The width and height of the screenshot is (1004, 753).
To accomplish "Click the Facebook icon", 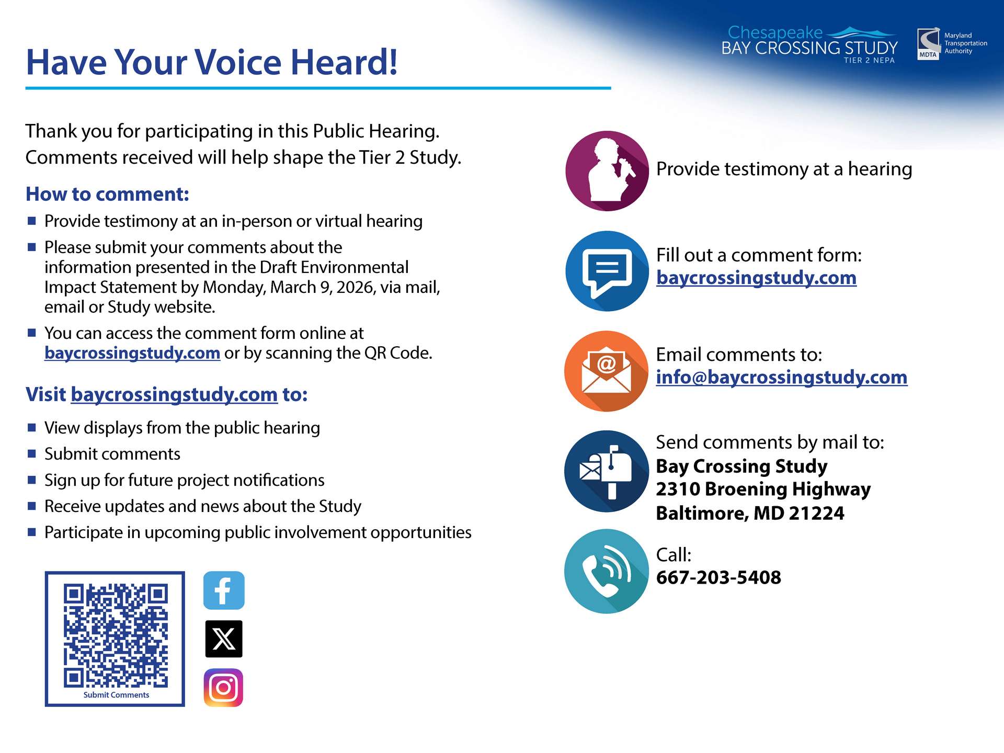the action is point(224,590).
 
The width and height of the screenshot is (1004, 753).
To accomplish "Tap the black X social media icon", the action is point(224,638).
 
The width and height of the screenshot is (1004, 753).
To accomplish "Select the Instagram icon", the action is point(224,688).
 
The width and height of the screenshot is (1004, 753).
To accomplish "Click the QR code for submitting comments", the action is point(116,635).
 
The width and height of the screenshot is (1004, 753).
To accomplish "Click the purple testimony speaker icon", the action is point(607,171).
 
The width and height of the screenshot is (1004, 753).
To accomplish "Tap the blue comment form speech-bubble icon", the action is point(607,271).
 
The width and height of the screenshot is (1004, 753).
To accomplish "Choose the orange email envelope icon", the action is point(607,371).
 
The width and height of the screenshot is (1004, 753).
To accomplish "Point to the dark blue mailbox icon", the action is point(607,471).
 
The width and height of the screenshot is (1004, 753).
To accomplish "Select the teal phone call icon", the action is point(607,571).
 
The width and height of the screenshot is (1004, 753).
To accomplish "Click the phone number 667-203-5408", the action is point(718,577).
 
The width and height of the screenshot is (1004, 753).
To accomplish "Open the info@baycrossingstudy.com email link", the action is point(782,377).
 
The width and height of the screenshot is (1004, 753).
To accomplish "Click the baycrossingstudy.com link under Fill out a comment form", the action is point(756,278).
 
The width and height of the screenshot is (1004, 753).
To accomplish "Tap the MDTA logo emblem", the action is point(929,44).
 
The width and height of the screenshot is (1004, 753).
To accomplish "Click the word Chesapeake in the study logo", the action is point(775,32).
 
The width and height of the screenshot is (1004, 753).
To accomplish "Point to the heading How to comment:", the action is point(107,194).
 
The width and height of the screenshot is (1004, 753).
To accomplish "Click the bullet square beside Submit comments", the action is point(32,453).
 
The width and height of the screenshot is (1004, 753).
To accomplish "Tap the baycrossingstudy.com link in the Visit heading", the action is point(174,394).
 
